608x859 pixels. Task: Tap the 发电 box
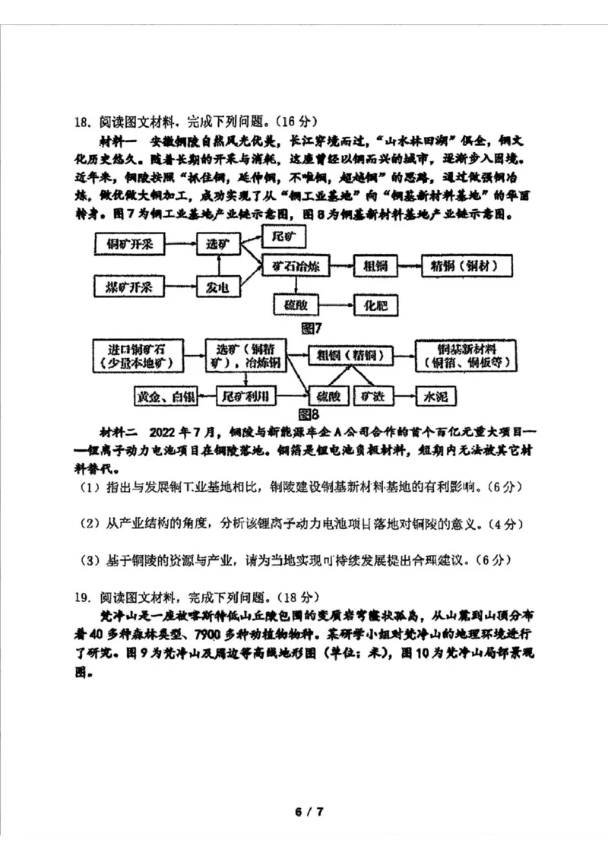point(218,287)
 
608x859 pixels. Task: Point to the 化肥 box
point(376,306)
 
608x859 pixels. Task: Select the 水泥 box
point(435,396)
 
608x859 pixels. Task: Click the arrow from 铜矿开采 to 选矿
point(182,245)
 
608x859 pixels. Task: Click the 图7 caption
point(312,328)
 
